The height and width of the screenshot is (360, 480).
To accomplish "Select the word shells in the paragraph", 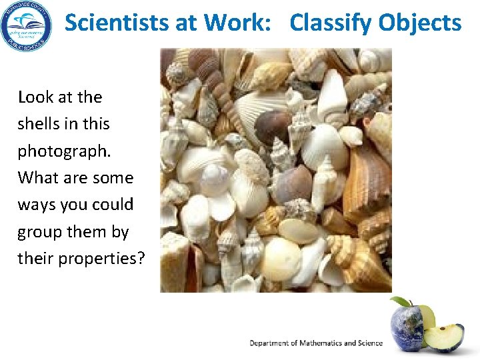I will tap(40, 124).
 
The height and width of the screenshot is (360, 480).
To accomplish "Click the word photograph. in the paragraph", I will tap(64, 151).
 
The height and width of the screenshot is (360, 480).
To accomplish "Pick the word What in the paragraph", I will tap(38, 178).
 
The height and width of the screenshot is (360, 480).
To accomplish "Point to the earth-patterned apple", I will tap(407, 327).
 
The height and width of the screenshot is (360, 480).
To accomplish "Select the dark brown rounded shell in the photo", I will tap(273, 126).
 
